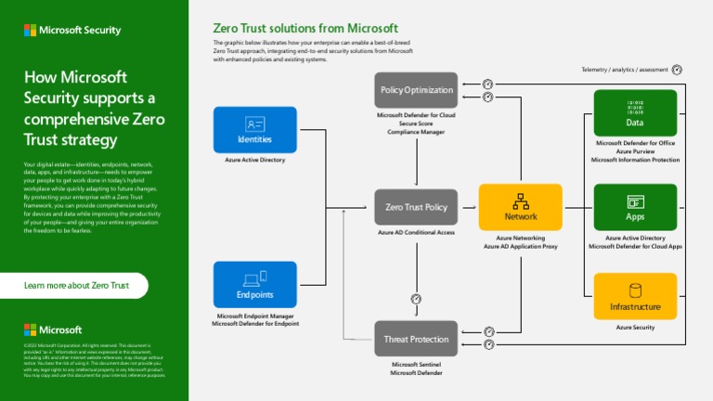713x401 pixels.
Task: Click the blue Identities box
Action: click(x=255, y=129)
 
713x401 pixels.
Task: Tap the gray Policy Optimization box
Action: click(x=416, y=90)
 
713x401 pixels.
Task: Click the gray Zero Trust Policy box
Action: click(x=416, y=207)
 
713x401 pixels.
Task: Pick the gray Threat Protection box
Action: click(x=416, y=339)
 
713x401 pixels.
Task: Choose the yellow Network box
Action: click(x=521, y=207)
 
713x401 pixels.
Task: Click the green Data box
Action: click(x=635, y=112)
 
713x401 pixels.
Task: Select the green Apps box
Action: click(x=635, y=207)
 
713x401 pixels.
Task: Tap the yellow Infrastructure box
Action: click(x=635, y=296)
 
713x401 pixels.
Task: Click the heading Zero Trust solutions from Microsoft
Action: click(x=305, y=28)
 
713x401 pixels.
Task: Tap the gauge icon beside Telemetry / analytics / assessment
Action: click(x=677, y=70)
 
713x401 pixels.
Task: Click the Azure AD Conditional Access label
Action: click(x=416, y=232)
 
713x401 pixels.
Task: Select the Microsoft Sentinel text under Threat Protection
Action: click(x=416, y=365)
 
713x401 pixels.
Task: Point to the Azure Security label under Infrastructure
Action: click(x=635, y=327)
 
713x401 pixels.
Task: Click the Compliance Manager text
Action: click(x=416, y=132)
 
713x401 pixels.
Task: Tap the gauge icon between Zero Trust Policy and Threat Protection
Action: click(x=416, y=299)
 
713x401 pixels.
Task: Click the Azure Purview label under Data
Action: click(x=635, y=151)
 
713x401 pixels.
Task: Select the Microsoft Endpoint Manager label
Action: click(x=255, y=316)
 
